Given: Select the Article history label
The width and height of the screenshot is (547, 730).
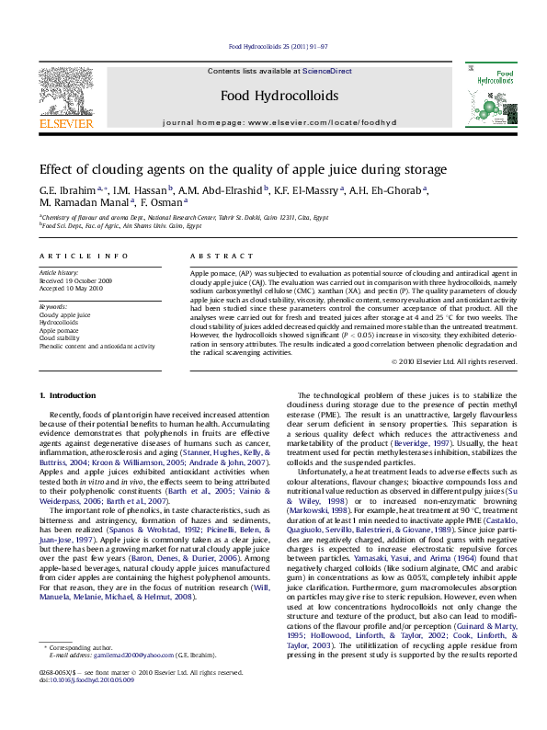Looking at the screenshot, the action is (x=59, y=273).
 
